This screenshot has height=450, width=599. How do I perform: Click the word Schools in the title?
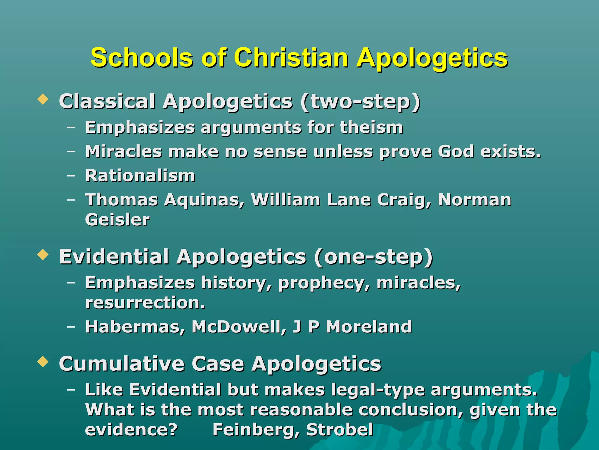click(x=142, y=58)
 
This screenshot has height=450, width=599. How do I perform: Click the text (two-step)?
click(x=360, y=102)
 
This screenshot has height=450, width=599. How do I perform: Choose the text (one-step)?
click(x=373, y=257)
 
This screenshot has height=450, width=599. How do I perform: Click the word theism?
click(x=371, y=127)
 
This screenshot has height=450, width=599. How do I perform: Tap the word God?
click(x=455, y=151)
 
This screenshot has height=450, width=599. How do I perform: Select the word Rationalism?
click(x=140, y=176)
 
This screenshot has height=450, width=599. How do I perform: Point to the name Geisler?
click(x=117, y=220)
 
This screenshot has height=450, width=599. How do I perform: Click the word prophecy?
click(x=324, y=284)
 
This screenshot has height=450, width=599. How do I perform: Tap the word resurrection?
click(x=145, y=303)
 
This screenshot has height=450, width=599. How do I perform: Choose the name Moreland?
click(x=369, y=327)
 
